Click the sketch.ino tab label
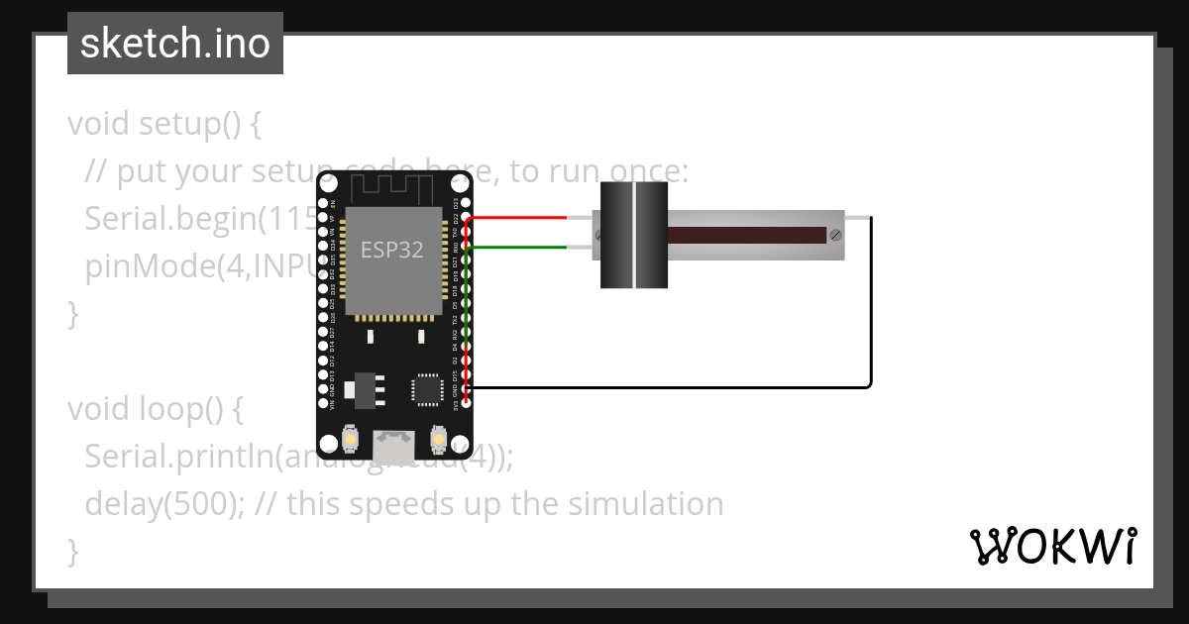tap(175, 44)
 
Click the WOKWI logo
tap(1052, 546)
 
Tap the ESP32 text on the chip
tap(391, 250)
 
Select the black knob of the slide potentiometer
tap(634, 236)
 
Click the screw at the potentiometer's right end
tap(836, 236)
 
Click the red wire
tap(515, 217)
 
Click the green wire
tap(515, 247)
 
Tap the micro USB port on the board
tap(394, 444)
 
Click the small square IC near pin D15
tap(428, 387)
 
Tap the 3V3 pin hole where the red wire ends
tap(466, 402)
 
